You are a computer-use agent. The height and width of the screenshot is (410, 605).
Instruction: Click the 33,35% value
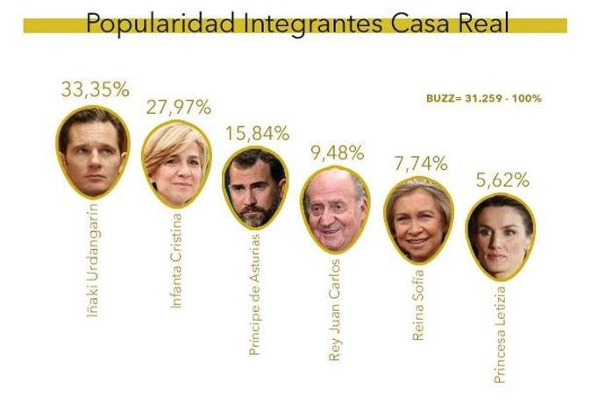[x=95, y=88]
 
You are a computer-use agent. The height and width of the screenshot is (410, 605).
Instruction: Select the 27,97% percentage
[x=178, y=109]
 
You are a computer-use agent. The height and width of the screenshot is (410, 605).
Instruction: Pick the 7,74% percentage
[x=420, y=163]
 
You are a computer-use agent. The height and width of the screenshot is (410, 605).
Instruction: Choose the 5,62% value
[x=500, y=181]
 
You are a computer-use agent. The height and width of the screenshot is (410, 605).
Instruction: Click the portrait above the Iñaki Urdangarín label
[x=92, y=145]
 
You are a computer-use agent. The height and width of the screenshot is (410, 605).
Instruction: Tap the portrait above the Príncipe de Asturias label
[x=255, y=187]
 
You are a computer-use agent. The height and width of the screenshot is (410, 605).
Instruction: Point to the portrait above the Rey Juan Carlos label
[x=337, y=207]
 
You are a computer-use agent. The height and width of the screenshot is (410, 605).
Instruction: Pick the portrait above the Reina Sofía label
[x=418, y=216]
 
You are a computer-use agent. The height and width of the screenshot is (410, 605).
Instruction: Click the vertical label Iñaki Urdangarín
[x=94, y=258]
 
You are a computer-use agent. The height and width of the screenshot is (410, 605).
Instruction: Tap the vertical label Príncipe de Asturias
[x=255, y=293]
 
